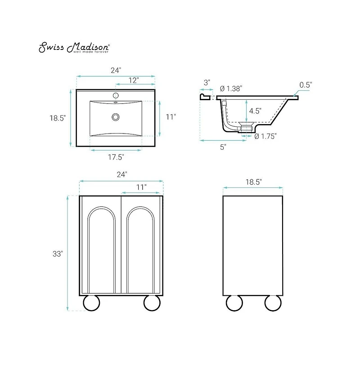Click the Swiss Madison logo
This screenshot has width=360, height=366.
click(74, 47)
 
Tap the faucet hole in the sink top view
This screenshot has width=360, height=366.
click(116, 95)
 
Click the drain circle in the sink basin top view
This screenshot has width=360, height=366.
click(116, 117)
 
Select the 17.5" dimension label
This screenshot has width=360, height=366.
click(116, 157)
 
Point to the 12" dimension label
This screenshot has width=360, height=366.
click(134, 80)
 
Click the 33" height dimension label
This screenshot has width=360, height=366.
click(58, 254)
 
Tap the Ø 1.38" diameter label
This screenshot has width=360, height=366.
click(231, 89)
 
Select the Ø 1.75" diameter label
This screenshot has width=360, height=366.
click(265, 136)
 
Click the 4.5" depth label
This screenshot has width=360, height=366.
click(255, 111)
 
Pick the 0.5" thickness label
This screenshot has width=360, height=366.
click(306, 85)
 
